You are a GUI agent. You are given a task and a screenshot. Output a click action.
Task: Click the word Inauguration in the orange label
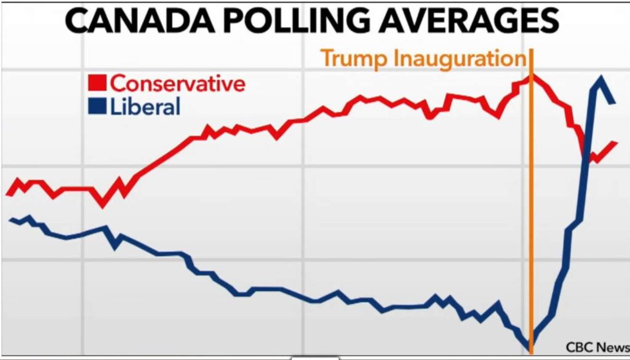click(458, 59)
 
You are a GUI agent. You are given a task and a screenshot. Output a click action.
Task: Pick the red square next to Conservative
click(98, 83)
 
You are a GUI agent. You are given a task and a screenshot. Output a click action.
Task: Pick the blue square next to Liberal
click(98, 106)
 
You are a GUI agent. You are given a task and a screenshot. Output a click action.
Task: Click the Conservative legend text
click(178, 83)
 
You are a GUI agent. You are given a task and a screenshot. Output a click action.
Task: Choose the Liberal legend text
click(146, 106)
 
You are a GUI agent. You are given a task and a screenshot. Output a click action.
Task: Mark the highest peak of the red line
click(533, 76)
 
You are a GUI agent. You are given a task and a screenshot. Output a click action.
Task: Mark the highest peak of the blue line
click(600, 78)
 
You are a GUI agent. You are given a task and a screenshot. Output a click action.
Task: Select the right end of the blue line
click(613, 102)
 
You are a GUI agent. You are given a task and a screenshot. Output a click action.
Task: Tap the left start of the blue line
click(10, 220)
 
